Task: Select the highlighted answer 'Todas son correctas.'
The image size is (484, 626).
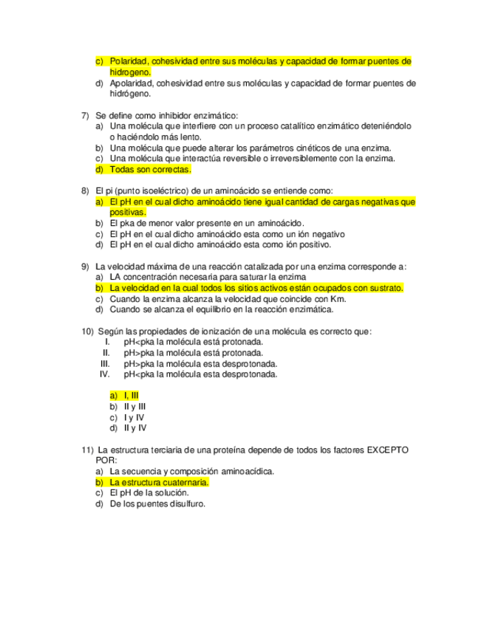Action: pyautogui.click(x=150, y=169)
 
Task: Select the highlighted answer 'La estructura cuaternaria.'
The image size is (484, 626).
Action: pyautogui.click(x=159, y=482)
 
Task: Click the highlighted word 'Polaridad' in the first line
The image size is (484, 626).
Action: pyautogui.click(x=130, y=61)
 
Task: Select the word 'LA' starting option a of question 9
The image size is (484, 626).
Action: pyautogui.click(x=116, y=277)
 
